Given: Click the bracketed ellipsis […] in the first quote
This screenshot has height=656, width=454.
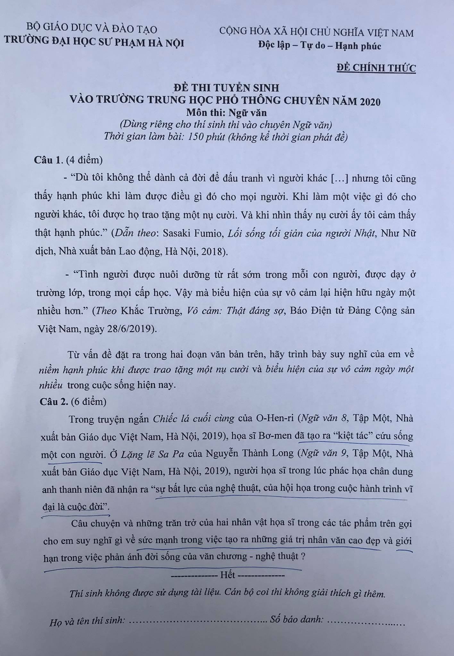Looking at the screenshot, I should (340, 178).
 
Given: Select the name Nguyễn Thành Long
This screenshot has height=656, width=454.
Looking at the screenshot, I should (250, 454).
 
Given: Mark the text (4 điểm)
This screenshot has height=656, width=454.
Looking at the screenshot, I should (84, 160).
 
